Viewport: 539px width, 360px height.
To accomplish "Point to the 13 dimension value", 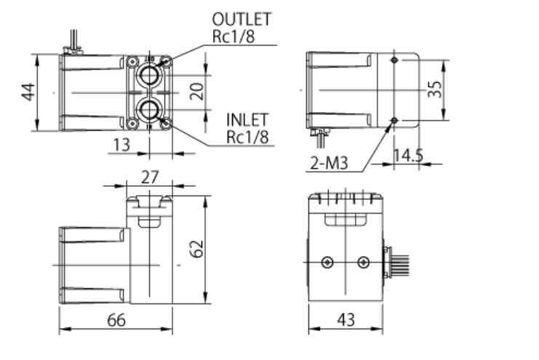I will (121, 145).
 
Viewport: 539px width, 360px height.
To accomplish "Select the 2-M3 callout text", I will (329, 164).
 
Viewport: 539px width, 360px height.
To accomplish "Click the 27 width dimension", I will (150, 176).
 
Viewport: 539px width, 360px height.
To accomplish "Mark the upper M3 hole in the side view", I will (394, 60).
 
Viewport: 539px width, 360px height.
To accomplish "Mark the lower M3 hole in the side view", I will (394, 119).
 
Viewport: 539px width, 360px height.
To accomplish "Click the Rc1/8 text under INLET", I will (248, 136).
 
